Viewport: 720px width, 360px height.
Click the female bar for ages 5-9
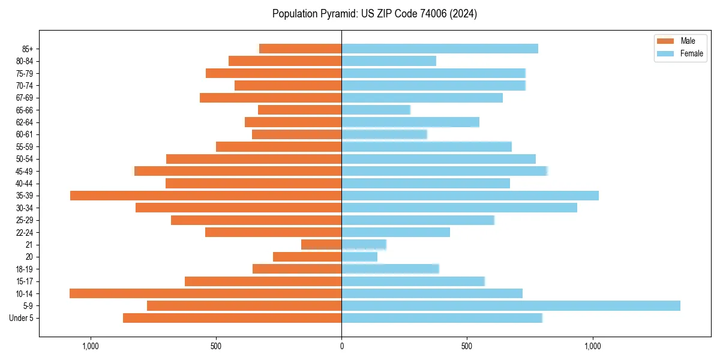point(511,305)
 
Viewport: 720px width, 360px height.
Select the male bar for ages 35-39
point(206,196)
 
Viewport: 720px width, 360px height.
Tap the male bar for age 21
point(322,244)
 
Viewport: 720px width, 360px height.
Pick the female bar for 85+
point(440,49)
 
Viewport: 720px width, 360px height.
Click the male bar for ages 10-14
point(206,293)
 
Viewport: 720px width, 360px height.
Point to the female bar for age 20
point(359,257)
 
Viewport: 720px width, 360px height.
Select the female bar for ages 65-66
point(376,110)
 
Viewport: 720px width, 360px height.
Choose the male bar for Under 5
point(232,318)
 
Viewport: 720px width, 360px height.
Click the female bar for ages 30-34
point(459,208)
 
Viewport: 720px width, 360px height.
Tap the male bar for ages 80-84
point(285,61)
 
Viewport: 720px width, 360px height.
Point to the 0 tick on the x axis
point(341,346)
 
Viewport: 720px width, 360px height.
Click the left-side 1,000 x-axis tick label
point(91,346)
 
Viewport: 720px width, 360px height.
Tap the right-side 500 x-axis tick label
point(467,346)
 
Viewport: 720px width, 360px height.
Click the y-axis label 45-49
point(25,171)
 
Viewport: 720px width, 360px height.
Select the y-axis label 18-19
point(25,269)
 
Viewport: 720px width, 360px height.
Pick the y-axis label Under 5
point(22,318)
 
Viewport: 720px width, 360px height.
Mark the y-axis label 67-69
point(25,98)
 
